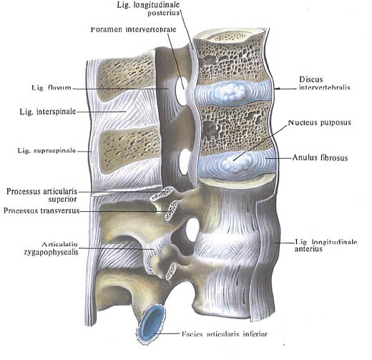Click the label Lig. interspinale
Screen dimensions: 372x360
pos(48,112)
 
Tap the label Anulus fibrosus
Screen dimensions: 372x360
pos(320,157)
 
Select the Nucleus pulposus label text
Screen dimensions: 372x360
pos(320,122)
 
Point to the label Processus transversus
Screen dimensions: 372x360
pos(41,210)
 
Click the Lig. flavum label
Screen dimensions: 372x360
pos(52,88)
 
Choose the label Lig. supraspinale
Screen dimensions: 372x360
pos(46,150)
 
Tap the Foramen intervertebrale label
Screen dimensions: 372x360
pos(134,29)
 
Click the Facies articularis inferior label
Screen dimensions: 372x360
pos(225,334)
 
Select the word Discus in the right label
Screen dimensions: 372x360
pos(311,79)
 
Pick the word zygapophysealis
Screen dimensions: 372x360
pos(51,252)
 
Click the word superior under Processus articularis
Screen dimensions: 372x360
pos(62,199)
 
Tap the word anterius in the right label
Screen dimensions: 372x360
pos(308,249)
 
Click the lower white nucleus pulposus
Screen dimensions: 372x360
pos(237,162)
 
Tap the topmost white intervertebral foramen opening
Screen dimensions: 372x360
pos(181,91)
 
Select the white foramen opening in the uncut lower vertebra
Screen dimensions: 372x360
pos(192,230)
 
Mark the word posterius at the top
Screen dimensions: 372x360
pos(163,13)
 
